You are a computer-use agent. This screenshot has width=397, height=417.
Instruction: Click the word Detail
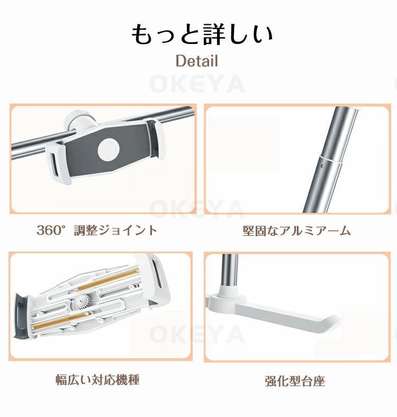[196, 61]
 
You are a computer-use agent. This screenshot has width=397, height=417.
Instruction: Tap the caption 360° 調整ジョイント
[97, 230]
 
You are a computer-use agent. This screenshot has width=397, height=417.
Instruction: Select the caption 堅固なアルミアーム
[296, 231]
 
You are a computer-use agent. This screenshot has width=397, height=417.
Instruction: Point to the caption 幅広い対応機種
[98, 379]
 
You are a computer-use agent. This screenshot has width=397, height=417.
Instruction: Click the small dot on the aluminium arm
[323, 166]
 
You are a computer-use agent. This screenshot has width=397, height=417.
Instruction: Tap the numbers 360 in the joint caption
[47, 230]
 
